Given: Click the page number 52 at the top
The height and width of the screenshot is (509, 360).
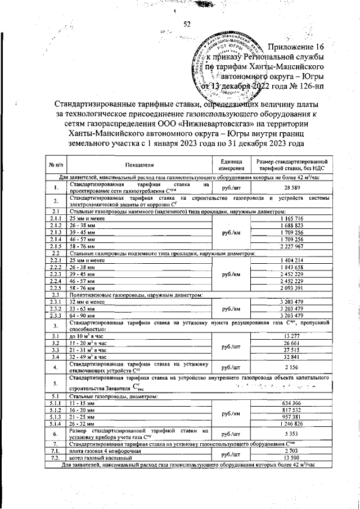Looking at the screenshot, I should (187, 24).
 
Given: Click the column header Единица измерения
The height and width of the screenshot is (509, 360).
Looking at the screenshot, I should (232, 165).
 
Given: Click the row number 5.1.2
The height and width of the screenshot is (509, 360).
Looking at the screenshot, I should (56, 409).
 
